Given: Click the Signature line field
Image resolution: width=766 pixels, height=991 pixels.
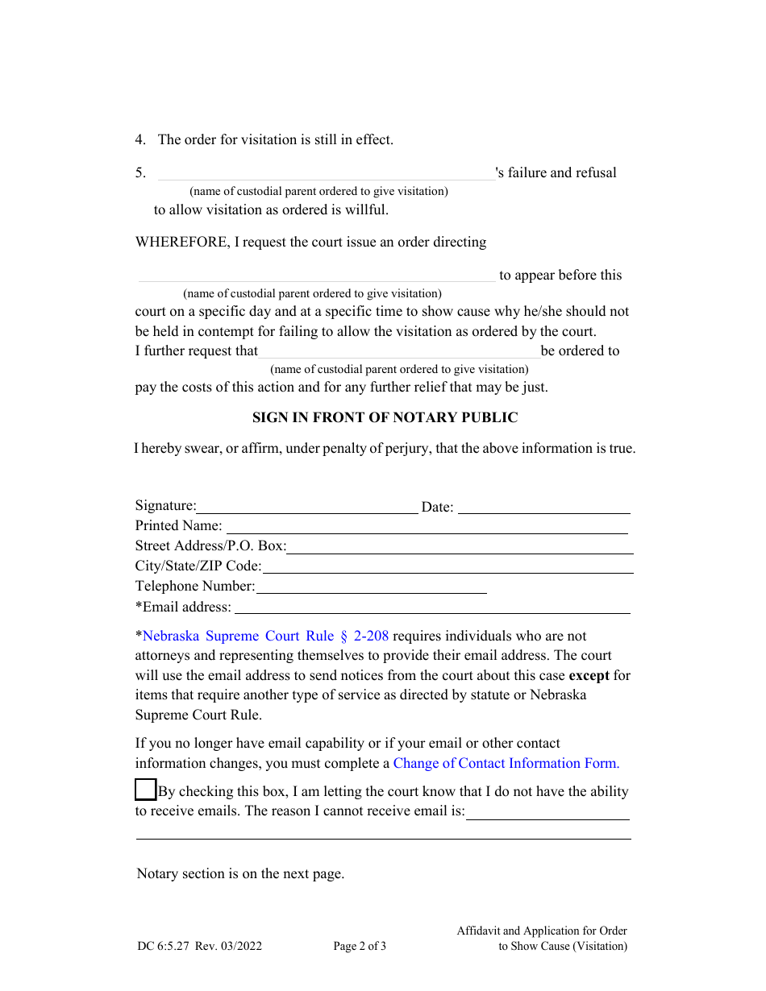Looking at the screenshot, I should (x=307, y=507).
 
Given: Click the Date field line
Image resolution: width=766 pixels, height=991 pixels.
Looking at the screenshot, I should (x=544, y=507).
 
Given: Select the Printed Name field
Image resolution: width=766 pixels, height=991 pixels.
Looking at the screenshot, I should (x=426, y=527).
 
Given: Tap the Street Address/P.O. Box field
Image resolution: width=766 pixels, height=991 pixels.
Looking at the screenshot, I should (x=460, y=547).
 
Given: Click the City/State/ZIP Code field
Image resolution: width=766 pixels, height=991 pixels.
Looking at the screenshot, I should (x=448, y=567).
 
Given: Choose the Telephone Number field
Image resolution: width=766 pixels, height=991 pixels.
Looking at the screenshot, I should (x=371, y=587).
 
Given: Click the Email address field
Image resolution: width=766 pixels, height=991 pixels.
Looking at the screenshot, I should (x=431, y=607).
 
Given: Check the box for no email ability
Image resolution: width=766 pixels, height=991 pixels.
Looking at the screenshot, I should (x=145, y=790).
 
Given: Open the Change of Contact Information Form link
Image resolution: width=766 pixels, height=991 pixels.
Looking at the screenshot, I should (x=506, y=764).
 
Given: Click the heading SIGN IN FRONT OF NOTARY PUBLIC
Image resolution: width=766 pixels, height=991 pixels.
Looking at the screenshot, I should (x=385, y=417).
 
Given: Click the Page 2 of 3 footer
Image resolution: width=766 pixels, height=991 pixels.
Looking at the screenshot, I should (x=360, y=947).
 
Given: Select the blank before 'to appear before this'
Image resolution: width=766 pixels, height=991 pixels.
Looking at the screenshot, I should (x=316, y=276).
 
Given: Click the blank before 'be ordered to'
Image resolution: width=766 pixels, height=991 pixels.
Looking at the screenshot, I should (x=398, y=352).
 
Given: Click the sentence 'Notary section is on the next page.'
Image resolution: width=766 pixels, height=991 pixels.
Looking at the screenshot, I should (x=240, y=874).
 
